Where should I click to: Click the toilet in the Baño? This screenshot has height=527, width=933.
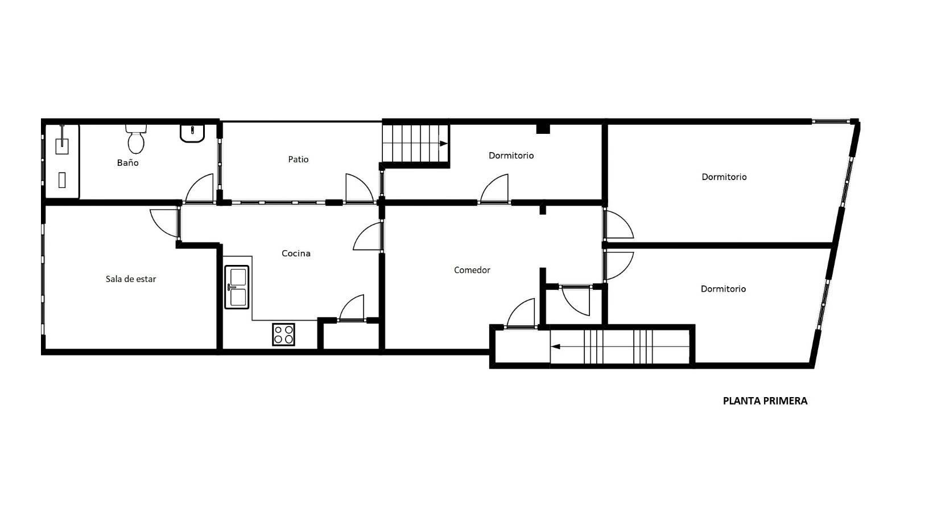click(136, 140)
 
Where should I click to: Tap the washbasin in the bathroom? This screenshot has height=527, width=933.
click(192, 133)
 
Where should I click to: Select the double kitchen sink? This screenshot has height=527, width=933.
click(237, 287)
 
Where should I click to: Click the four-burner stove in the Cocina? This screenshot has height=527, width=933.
click(284, 334)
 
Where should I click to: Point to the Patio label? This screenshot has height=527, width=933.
click(298, 160)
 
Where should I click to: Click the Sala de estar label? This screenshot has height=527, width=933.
click(131, 279)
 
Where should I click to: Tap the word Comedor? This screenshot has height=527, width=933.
click(472, 271)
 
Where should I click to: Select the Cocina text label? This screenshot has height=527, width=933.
click(296, 254)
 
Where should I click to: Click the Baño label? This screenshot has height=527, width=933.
click(127, 163)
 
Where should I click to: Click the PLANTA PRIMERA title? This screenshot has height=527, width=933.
click(765, 401)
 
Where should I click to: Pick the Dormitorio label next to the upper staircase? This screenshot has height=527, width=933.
click(511, 156)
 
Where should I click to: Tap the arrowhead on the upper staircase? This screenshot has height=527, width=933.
click(444, 144)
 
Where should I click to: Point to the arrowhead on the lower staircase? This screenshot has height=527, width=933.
click(555, 346)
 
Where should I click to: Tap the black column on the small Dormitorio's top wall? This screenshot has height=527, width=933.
click(543, 129)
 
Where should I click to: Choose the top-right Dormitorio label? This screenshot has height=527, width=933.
click(724, 177)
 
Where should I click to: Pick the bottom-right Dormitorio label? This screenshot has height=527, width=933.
click(723, 289)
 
